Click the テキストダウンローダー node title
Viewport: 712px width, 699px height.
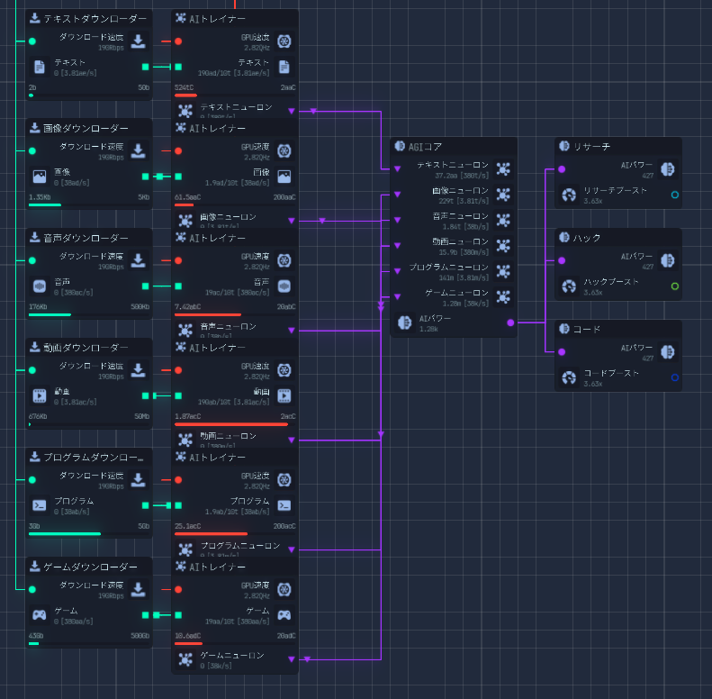pos(95,19)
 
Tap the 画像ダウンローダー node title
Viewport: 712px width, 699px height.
pos(86,129)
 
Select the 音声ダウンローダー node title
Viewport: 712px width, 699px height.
pos(86,239)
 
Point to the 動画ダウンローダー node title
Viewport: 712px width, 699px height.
pos(86,348)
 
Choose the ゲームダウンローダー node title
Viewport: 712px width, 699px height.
pos(90,567)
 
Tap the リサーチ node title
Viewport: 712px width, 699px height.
pos(591,146)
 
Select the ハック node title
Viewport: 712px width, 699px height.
pos(587,238)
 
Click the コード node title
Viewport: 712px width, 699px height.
pos(587,329)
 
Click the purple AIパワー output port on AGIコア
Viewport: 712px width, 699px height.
pos(510,322)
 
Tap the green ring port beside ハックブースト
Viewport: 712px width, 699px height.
pos(675,286)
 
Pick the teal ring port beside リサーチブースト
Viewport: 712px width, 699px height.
pos(675,195)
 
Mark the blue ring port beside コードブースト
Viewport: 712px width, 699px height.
pos(675,377)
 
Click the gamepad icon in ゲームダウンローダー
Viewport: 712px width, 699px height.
pos(40,615)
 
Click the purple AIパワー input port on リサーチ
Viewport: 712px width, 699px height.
pos(562,169)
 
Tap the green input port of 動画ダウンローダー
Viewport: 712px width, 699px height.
pos(32,370)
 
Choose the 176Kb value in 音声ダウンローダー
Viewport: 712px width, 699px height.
pos(39,307)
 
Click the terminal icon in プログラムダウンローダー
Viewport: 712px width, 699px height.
pos(40,505)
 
